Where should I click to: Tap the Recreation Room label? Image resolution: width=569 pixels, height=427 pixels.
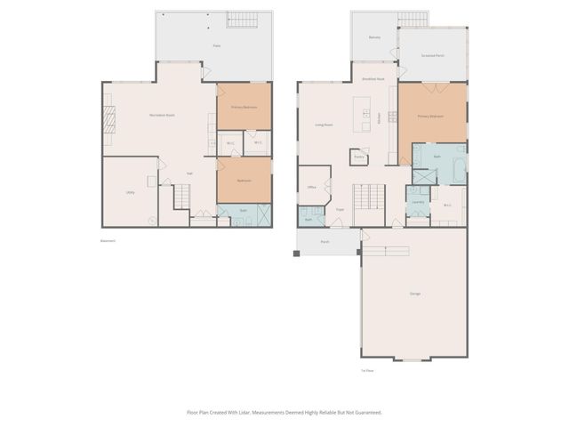coord(162,116)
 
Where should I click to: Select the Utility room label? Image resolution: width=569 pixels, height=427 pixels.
coord(131,191)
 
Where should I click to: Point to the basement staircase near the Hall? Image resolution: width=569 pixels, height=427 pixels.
coord(181,196)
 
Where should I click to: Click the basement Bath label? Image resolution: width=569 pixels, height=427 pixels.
coord(243,212)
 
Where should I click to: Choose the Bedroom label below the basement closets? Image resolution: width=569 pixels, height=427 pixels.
coord(244,181)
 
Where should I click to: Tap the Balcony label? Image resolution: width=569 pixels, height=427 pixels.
coord(374,37)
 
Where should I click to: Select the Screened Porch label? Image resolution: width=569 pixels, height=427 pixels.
coord(433,55)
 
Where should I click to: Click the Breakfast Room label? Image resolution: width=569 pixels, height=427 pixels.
coord(373,79)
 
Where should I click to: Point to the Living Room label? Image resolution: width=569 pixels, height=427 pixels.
coord(324,125)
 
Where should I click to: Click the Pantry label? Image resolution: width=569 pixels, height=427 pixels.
coord(359,156)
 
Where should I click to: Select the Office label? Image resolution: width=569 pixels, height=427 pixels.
coord(312,188)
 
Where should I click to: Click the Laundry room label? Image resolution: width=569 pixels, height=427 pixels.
coord(417,202)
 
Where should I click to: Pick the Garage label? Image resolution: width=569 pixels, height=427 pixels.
coord(415,294)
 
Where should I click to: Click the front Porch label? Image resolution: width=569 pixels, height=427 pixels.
coord(325,240)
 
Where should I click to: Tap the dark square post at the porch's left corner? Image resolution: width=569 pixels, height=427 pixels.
coord(297,254)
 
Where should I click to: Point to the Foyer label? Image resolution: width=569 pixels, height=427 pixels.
coord(340,210)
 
